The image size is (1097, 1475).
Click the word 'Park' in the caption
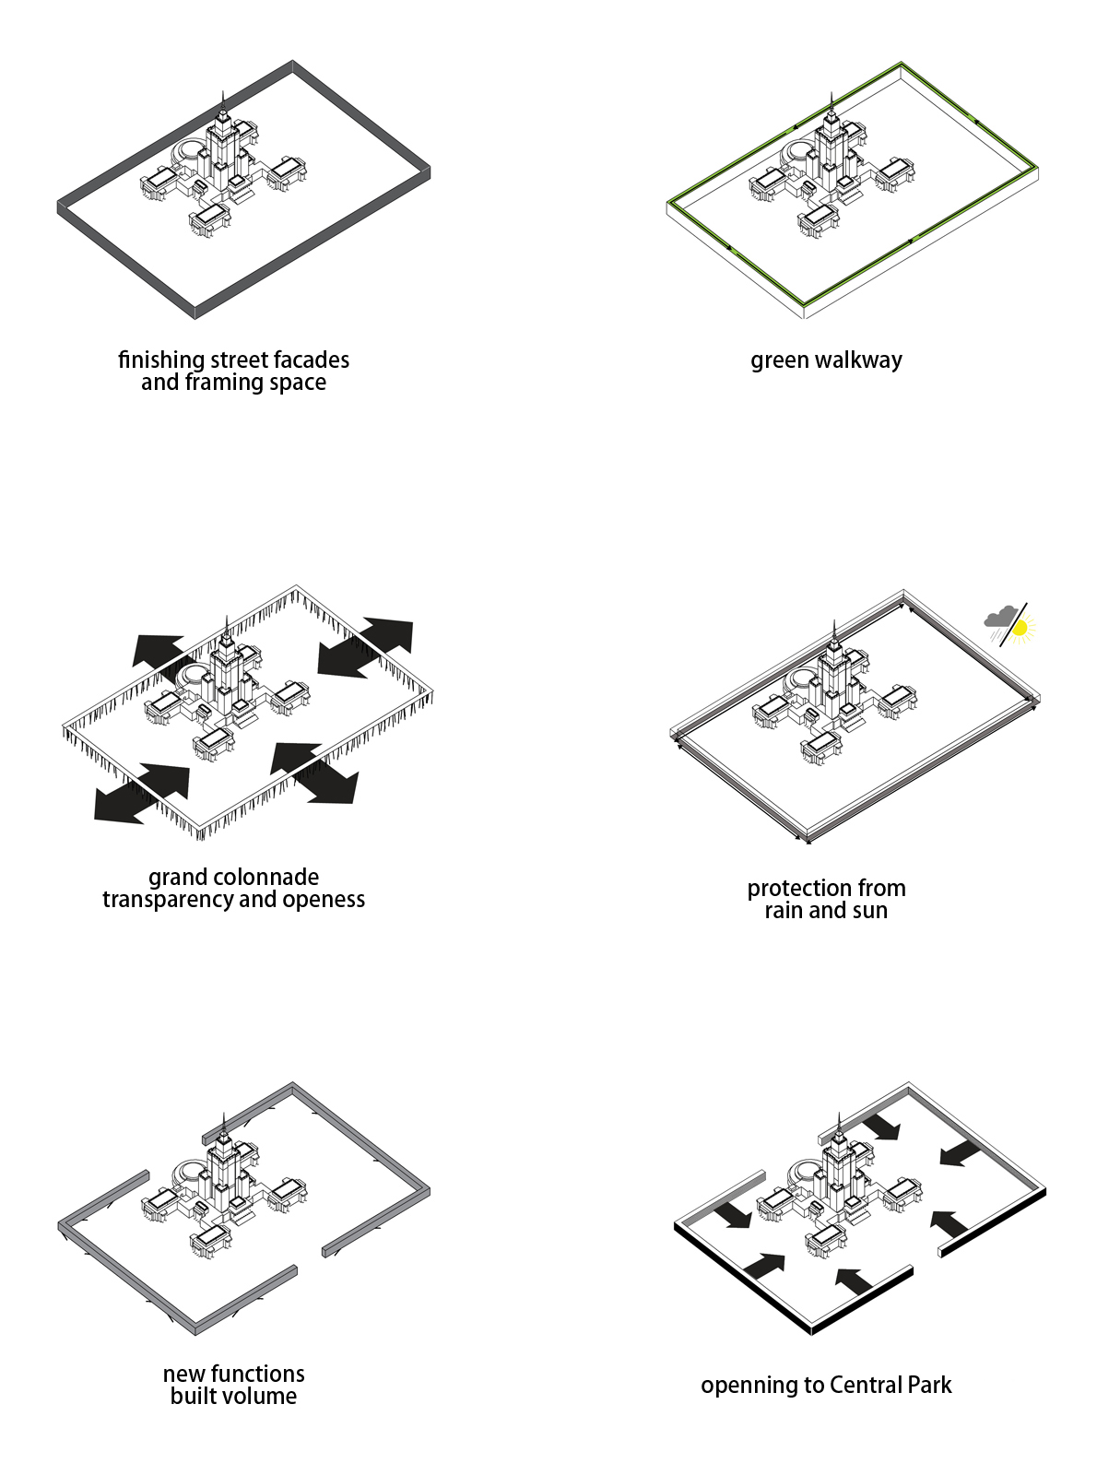pyautogui.click(x=928, y=1386)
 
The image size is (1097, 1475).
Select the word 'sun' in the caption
pyautogui.click(x=869, y=911)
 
